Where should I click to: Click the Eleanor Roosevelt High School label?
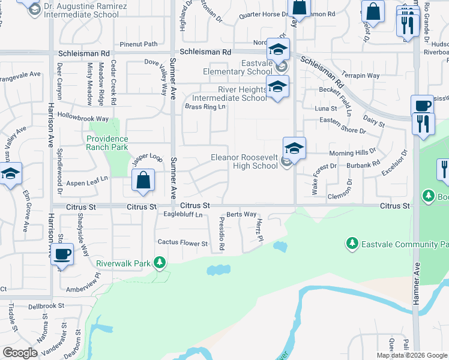[x=244, y=161]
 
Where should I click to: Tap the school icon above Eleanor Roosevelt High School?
[x=295, y=148]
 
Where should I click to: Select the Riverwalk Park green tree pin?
[x=159, y=262]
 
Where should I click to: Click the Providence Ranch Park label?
[x=107, y=142]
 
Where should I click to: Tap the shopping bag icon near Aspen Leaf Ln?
[x=143, y=180]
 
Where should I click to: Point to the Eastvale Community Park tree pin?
[x=352, y=244]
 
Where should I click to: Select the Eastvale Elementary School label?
[x=240, y=67]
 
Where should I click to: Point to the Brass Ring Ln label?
[x=205, y=107]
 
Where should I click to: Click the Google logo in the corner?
[x=20, y=353]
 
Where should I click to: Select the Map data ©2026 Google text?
[x=411, y=355]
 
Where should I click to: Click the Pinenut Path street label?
[x=138, y=44]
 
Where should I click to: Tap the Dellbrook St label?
[x=49, y=305]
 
